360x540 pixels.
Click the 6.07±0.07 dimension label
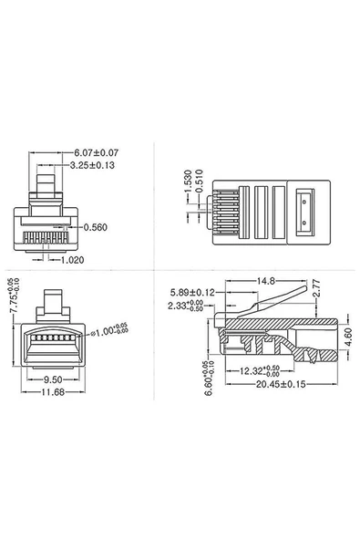97,152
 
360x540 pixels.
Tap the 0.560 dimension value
96,227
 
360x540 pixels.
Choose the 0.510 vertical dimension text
201,183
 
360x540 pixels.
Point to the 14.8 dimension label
265,281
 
